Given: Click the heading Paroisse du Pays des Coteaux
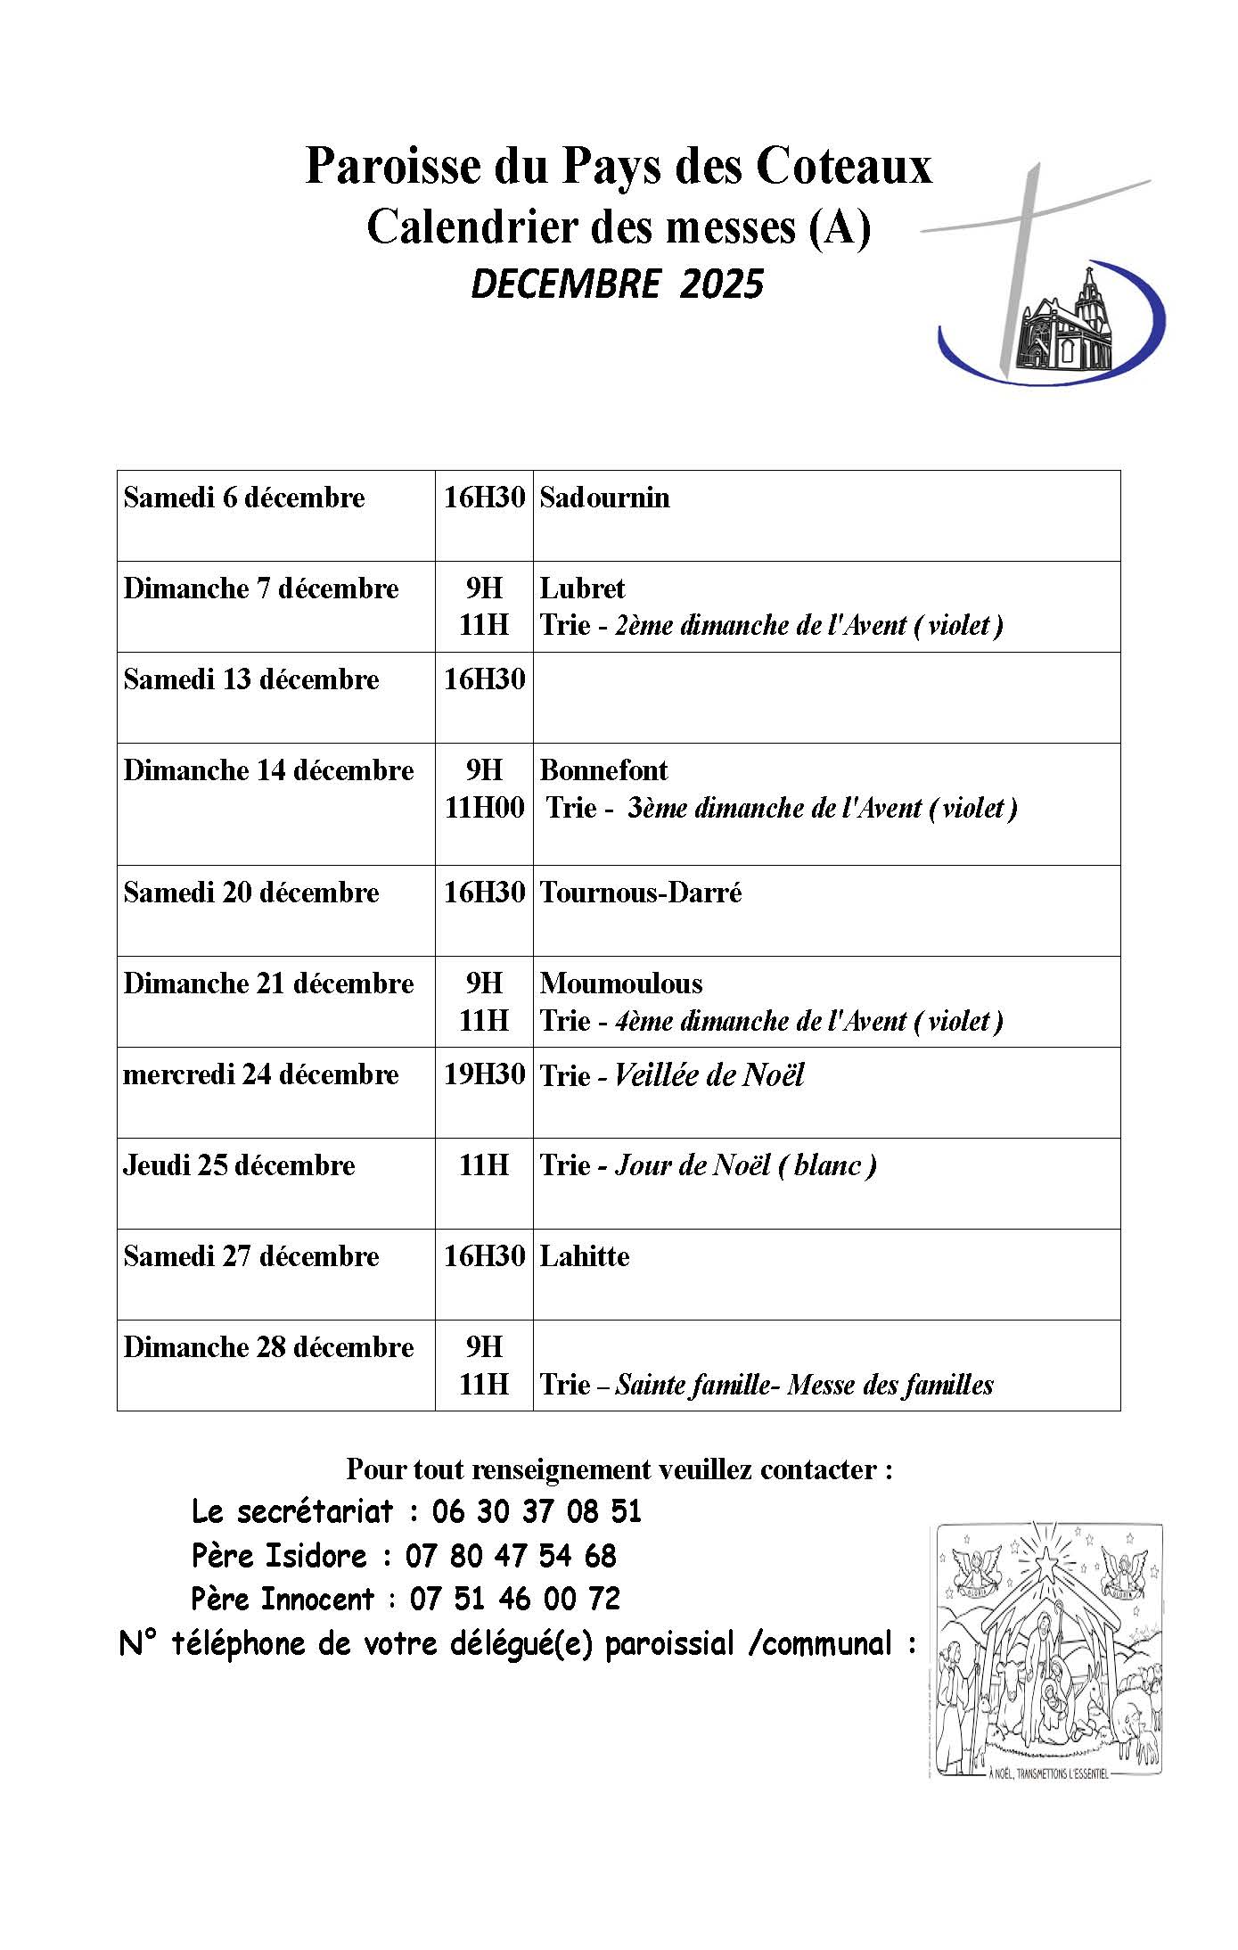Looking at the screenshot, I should click(x=618, y=166).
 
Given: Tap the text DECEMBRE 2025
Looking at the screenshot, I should click(x=618, y=284).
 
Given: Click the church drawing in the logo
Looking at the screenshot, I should click(x=1070, y=325).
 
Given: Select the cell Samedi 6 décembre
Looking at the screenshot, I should click(x=244, y=498).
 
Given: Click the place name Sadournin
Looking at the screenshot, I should click(x=604, y=498).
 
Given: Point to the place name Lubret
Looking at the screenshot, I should click(x=582, y=588).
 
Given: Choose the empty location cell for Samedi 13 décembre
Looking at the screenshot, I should click(x=825, y=697).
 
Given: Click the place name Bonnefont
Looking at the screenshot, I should click(x=603, y=770).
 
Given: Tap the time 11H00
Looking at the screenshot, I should click(x=484, y=808).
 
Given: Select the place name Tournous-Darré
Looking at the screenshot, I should click(x=641, y=893).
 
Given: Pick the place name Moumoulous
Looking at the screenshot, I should click(x=621, y=983).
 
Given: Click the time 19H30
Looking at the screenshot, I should click(x=484, y=1074).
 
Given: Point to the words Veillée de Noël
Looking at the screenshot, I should click(x=709, y=1075).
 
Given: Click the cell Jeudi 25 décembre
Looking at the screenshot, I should click(x=239, y=1165).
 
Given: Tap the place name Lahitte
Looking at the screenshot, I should click(x=585, y=1256).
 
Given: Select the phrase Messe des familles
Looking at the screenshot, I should click(x=890, y=1385).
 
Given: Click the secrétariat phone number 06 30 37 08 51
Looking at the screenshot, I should click(x=537, y=1511).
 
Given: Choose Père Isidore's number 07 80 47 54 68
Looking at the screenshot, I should click(x=511, y=1556).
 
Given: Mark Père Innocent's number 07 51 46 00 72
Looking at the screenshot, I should click(x=514, y=1599).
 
